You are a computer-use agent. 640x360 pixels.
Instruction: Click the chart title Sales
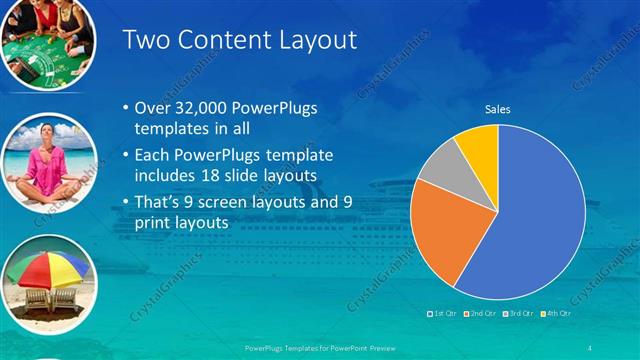pyautogui.click(x=497, y=109)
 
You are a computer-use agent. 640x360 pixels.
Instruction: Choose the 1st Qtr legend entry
pyautogui.click(x=443, y=314)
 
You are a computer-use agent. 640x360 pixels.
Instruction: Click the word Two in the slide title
pyautogui.click(x=143, y=40)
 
